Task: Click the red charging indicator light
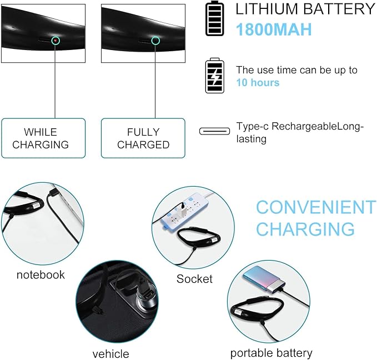[x=56, y=41]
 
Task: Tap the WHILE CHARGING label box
[x=43, y=138]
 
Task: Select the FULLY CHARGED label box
[x=143, y=138]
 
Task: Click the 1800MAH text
[x=273, y=30]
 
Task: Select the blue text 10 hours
[x=258, y=83]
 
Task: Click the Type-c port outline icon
[x=214, y=132]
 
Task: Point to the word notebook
[x=41, y=274]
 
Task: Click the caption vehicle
[x=110, y=353]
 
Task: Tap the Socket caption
[x=194, y=279]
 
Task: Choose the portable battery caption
[x=271, y=353]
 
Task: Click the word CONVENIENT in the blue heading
[x=316, y=208]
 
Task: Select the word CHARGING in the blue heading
[x=305, y=229]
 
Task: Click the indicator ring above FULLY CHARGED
[x=155, y=41]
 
